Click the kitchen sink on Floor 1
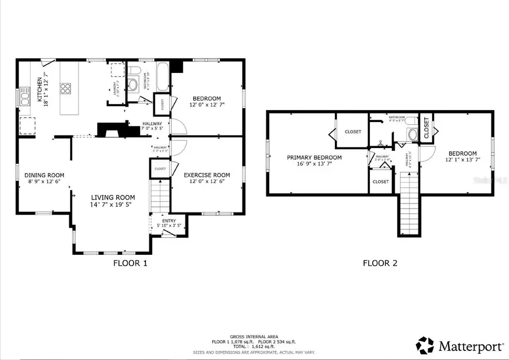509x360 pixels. pyautogui.click(x=25, y=97)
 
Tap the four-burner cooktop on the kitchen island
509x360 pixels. pyautogui.click(x=66, y=88)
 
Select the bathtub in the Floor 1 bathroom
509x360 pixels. pyautogui.click(x=162, y=78)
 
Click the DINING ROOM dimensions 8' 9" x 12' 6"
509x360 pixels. pyautogui.click(x=44, y=181)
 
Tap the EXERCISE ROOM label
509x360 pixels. pyautogui.click(x=206, y=175)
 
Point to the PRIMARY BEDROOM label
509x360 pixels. pyautogui.click(x=314, y=158)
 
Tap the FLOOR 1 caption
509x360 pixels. pyautogui.click(x=130, y=263)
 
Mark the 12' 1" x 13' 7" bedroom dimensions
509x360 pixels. pyautogui.click(x=462, y=159)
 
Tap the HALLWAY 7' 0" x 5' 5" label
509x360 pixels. pyautogui.click(x=152, y=126)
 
